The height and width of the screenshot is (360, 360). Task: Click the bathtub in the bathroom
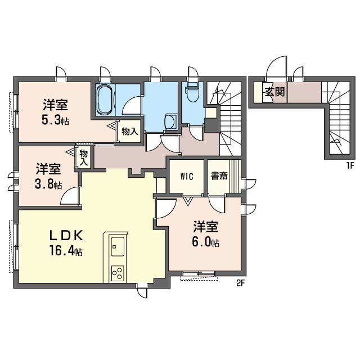[105, 100]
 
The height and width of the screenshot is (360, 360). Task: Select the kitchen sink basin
[118, 246]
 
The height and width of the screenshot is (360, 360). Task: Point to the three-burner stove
[118, 273]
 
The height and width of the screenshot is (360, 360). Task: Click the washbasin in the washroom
[171, 121]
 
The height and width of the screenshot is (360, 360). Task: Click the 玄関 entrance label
[275, 92]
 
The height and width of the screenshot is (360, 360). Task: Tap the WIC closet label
[187, 177]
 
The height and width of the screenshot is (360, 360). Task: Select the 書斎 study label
[219, 176]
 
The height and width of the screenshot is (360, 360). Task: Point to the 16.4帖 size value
[66, 250]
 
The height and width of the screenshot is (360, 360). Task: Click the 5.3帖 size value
[55, 120]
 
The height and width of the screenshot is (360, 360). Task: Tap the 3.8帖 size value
[48, 184]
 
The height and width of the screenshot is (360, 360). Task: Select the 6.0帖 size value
[205, 242]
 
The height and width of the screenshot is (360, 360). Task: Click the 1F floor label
[351, 165]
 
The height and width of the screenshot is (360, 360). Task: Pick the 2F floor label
[241, 283]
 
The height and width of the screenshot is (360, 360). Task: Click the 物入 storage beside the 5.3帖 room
[130, 131]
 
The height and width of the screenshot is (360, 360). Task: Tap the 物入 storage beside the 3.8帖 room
[84, 157]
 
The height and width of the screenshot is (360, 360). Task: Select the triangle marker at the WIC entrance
[188, 201]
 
